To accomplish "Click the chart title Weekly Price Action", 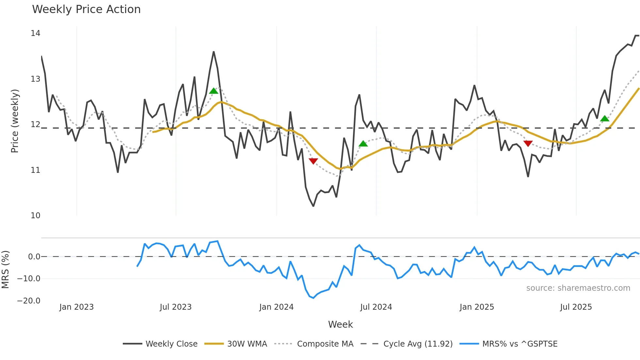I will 86,9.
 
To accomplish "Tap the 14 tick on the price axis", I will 35,33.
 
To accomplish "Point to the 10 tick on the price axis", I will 35,216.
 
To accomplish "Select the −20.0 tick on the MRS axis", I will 29,301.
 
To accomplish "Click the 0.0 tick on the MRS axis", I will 34,257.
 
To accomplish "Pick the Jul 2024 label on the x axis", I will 376,307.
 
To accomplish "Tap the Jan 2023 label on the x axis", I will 76,307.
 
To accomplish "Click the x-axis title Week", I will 340,324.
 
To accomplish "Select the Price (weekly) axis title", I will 15,121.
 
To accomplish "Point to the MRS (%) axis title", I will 5,270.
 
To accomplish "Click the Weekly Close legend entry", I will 160,344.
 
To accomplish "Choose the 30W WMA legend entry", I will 235,344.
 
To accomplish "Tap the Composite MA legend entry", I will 314,344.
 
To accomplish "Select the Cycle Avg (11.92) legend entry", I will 407,344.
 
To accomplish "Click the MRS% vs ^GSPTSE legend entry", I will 508,344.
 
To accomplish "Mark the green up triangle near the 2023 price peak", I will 214,91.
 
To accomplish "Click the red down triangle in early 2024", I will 313,161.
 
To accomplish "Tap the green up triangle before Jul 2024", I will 363,144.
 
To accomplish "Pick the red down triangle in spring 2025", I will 528,143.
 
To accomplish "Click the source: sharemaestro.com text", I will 578,288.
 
